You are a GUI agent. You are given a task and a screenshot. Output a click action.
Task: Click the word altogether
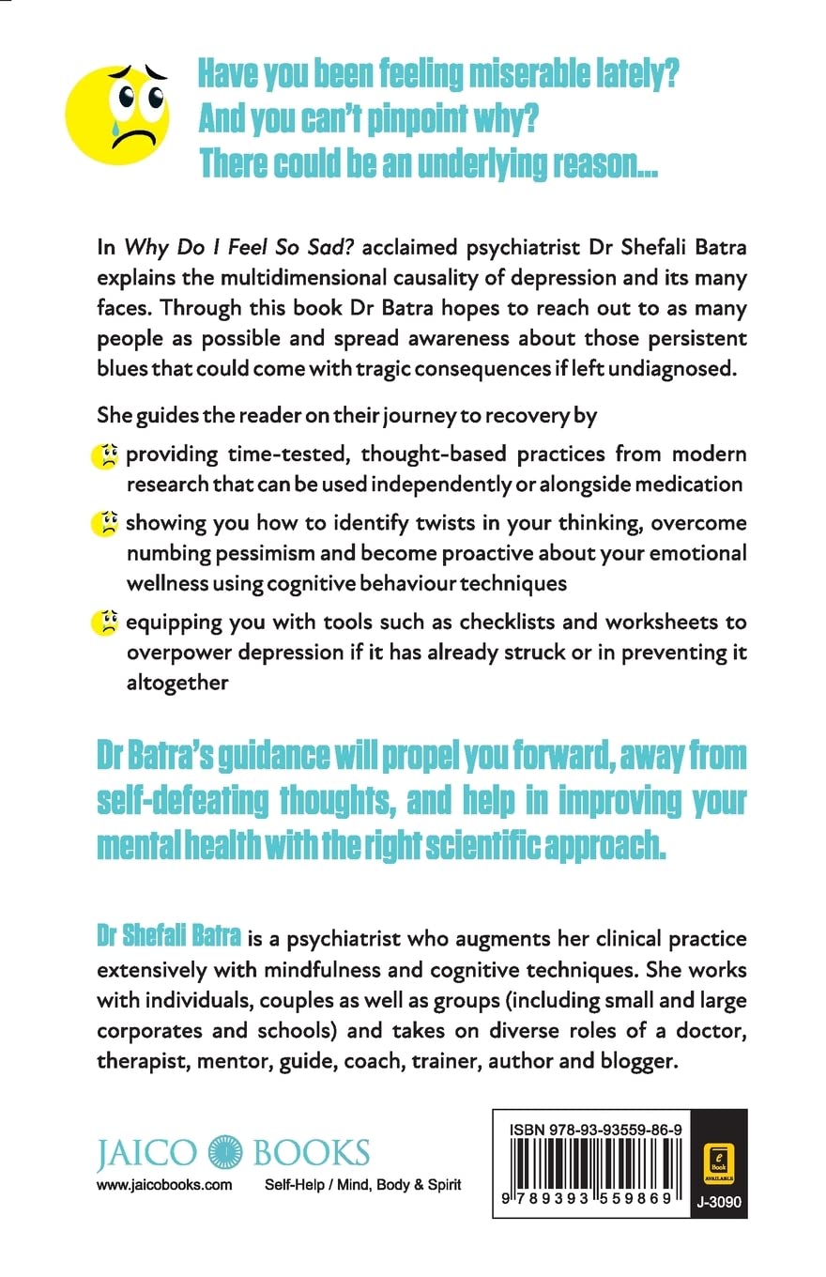pos(176,683)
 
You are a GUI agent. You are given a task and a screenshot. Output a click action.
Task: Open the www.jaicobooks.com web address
pos(164,1185)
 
